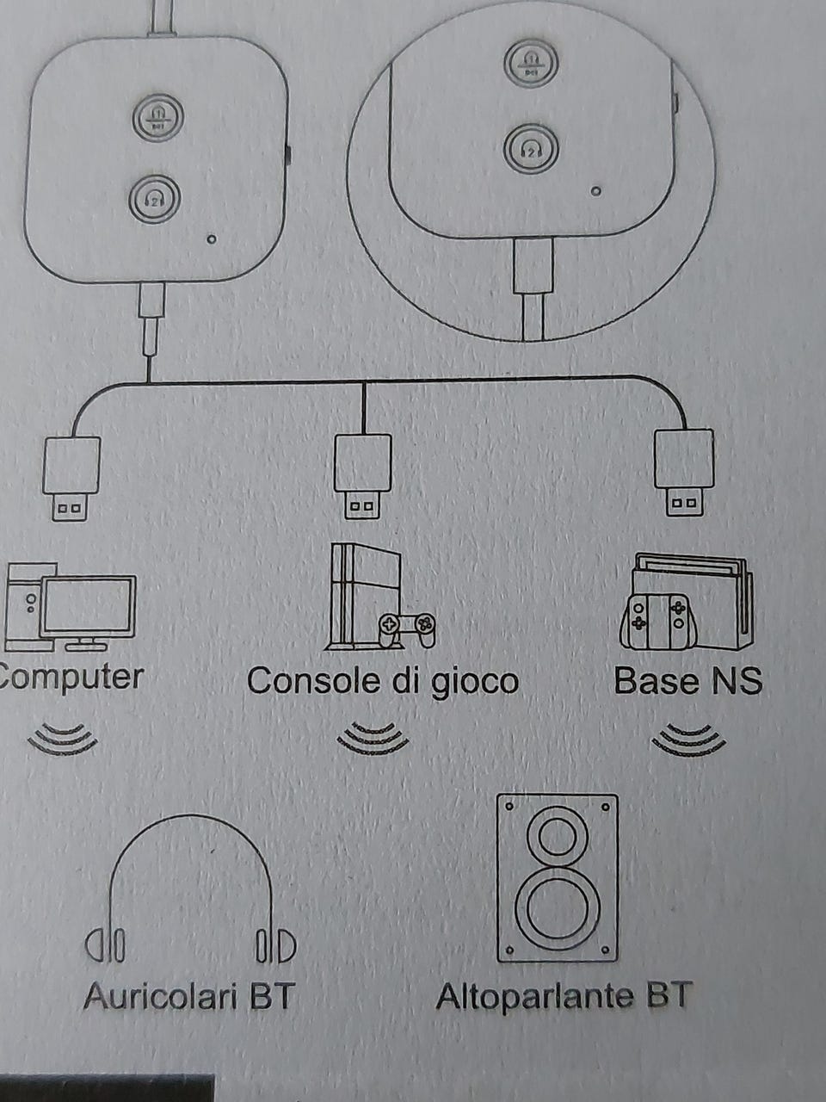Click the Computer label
pyautogui.click(x=72, y=678)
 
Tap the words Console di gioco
pyautogui.click(x=383, y=680)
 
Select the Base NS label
pyautogui.click(x=687, y=681)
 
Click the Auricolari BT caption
pyautogui.click(x=189, y=997)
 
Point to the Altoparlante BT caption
pyautogui.click(x=564, y=997)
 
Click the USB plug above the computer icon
pyautogui.click(x=71, y=479)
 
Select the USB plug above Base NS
pyautogui.click(x=683, y=473)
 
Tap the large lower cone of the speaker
pyautogui.click(x=558, y=907)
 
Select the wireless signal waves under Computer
pyautogui.click(x=62, y=739)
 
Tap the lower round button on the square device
pyautogui.click(x=155, y=200)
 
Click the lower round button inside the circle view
pyautogui.click(x=531, y=149)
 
